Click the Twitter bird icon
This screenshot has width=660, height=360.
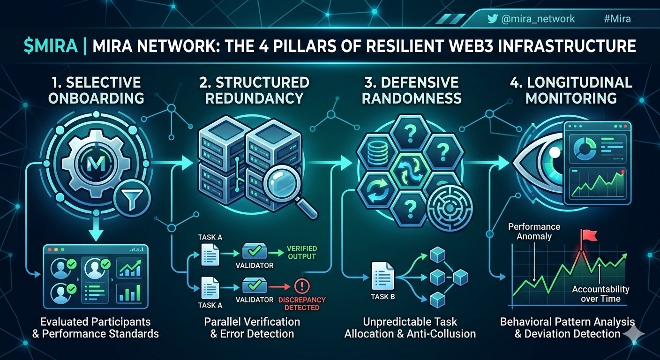click(492, 19)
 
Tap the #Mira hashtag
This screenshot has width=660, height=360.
click(617, 19)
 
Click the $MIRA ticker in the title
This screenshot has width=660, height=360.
click(51, 46)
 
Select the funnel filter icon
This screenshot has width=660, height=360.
click(132, 198)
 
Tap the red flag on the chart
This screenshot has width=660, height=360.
click(589, 236)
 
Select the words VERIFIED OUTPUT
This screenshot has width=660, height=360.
click(302, 253)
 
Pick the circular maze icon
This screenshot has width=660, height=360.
click(449, 208)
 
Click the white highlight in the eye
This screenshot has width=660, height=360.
click(555, 152)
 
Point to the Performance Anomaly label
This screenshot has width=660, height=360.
click(534, 231)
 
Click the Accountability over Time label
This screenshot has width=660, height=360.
click(600, 294)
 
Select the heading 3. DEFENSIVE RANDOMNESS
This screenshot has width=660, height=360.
click(412, 90)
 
